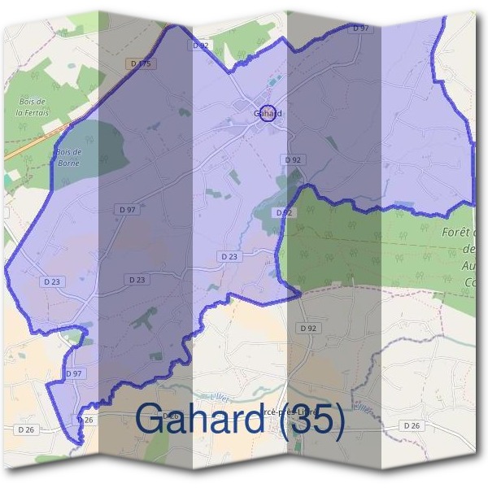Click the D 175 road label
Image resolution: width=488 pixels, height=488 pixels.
[x=140, y=63]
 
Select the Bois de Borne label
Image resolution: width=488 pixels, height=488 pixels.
[x=68, y=157]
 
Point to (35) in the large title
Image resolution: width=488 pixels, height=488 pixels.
[x=309, y=420]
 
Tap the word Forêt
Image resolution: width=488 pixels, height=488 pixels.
[x=460, y=233]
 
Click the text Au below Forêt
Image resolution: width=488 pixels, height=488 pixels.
[x=468, y=266]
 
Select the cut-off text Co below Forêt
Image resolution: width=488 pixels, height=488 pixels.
[x=469, y=282]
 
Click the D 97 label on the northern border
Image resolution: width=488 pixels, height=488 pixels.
[x=360, y=28]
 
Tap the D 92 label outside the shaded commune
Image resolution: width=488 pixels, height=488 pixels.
[x=307, y=328]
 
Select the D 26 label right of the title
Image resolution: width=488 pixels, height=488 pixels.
[x=412, y=425]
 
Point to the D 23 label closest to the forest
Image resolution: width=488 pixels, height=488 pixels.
[x=230, y=255]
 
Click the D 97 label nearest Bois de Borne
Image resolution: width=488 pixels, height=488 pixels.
[x=127, y=210]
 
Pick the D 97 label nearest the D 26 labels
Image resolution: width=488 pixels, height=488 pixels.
[x=74, y=373]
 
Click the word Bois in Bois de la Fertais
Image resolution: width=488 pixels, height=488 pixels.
[x=30, y=102]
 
